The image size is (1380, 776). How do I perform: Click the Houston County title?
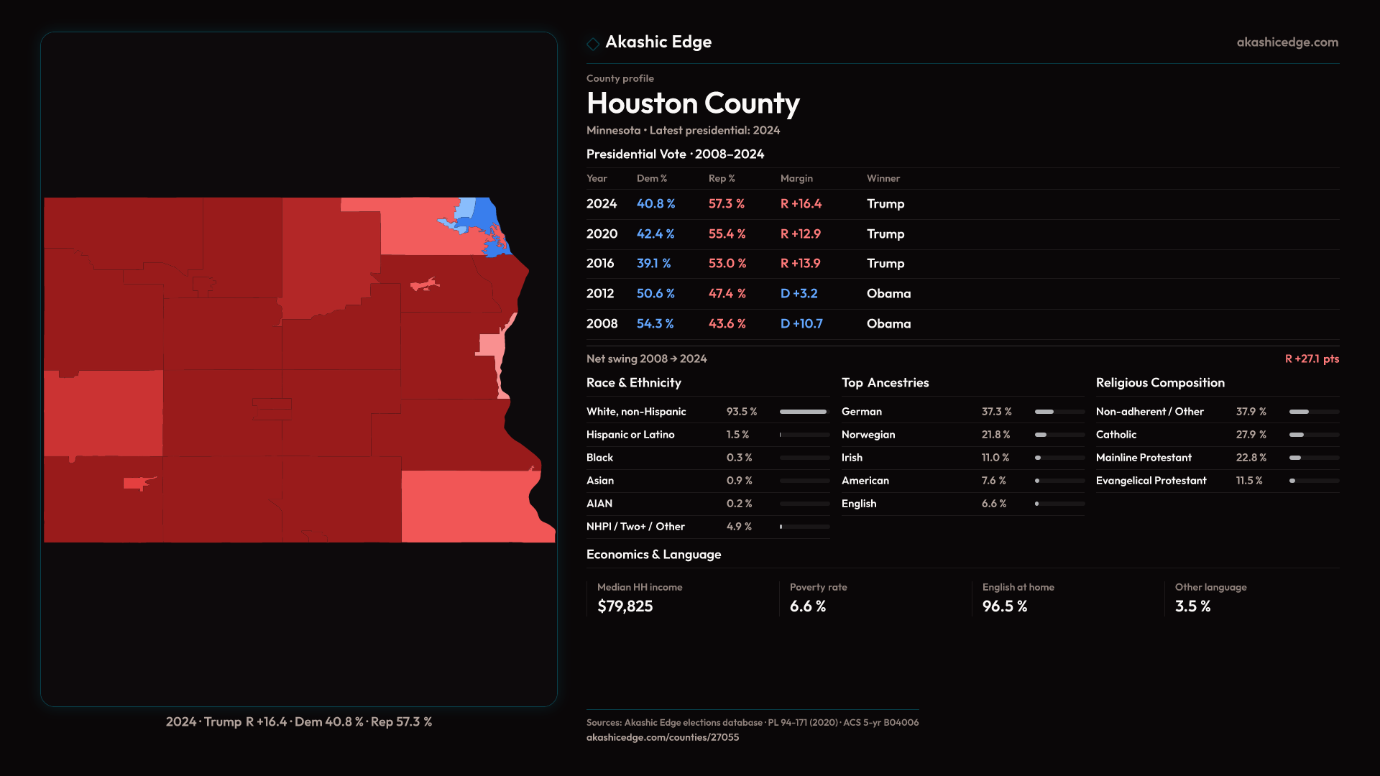tap(693, 103)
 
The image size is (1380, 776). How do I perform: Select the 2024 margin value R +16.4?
tap(801, 204)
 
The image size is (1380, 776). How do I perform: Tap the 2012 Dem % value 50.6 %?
tap(655, 294)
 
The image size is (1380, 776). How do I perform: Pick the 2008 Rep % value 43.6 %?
tap(727, 324)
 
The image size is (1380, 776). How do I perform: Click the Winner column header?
tap(883, 178)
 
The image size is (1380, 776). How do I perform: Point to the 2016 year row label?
tap(599, 264)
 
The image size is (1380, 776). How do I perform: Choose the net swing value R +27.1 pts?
tap(1312, 359)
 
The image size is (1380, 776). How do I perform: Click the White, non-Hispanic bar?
tap(804, 412)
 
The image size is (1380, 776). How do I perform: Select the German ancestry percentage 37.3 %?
tap(996, 412)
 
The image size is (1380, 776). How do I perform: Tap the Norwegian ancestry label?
tap(868, 435)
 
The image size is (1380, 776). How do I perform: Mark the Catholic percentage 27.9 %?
tap(1251, 435)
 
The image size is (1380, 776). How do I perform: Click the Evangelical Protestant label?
tap(1151, 481)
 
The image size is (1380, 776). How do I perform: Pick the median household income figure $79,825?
tap(625, 606)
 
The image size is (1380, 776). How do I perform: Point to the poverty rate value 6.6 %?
tap(807, 606)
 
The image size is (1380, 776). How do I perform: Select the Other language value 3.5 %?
tap(1192, 606)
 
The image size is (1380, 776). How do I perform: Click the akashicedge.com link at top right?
tap(1287, 42)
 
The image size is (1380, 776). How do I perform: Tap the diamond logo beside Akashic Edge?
tap(593, 44)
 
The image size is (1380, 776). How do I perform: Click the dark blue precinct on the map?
tap(487, 215)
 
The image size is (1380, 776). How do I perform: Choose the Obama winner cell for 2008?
tap(888, 324)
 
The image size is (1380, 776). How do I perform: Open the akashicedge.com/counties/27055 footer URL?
tap(662, 737)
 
